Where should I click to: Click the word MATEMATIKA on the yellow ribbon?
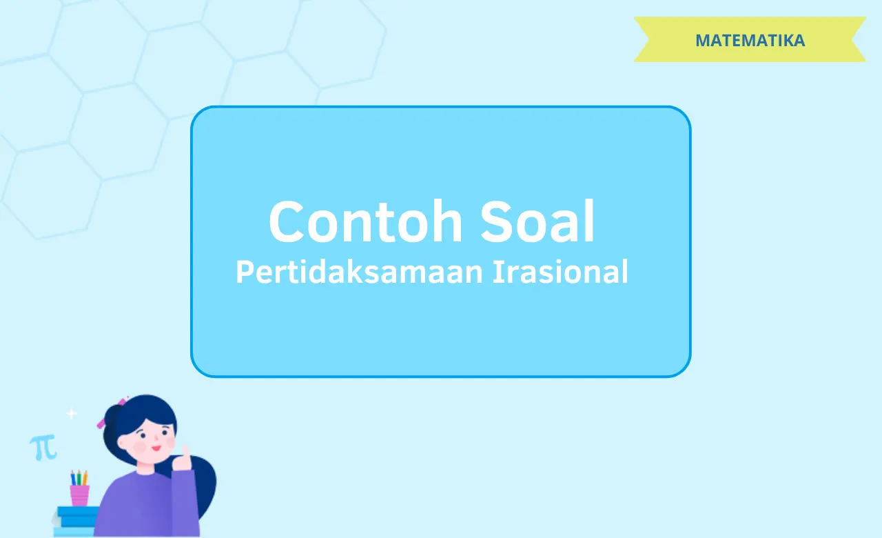coord(750,40)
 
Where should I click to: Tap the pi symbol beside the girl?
coord(43,448)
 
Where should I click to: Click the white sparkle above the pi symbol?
coord(71,414)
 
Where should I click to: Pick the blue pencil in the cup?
coord(73,479)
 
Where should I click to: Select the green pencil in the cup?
coord(79,478)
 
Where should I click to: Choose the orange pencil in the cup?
coord(85,478)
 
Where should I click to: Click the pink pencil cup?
coord(79,495)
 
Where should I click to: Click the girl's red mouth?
coord(156,449)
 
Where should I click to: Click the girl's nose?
coord(153,440)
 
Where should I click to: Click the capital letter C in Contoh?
coord(289,222)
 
